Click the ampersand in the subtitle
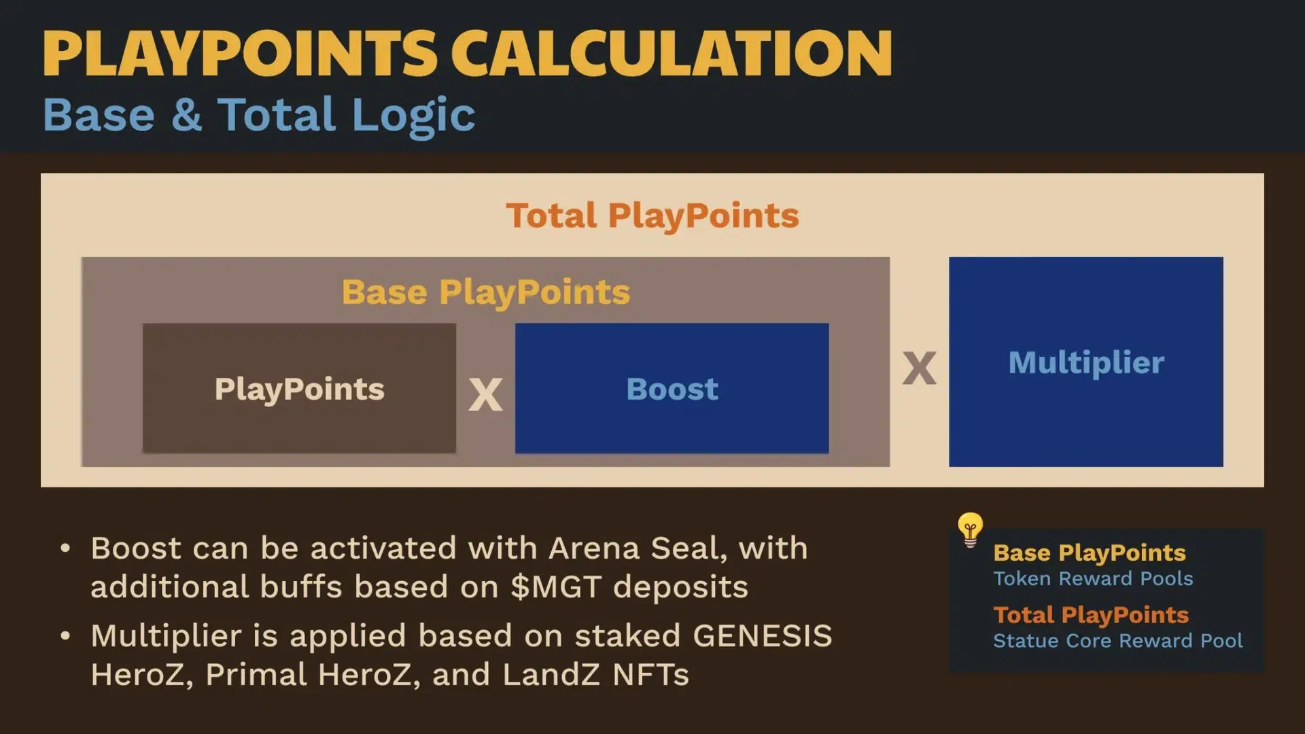(x=187, y=114)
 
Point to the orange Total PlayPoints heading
(x=652, y=216)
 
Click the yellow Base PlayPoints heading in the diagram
(x=486, y=292)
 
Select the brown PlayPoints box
(x=299, y=388)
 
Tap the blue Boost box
(x=672, y=388)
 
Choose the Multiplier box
(x=1086, y=362)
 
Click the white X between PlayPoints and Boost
(x=485, y=395)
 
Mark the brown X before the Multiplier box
(x=919, y=368)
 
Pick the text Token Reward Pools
(x=1093, y=578)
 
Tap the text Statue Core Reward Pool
(x=1118, y=641)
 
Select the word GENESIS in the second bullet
(x=763, y=636)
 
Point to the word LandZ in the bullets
(x=551, y=675)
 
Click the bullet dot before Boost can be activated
(x=65, y=548)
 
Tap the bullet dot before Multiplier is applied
(x=65, y=636)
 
